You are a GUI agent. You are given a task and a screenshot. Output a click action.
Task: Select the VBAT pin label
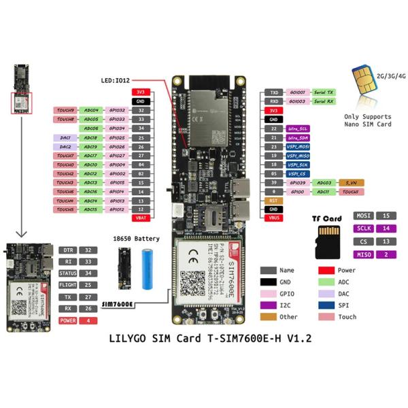pyautogui.click(x=141, y=219)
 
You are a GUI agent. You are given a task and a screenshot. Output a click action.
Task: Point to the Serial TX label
pyautogui.click(x=321, y=91)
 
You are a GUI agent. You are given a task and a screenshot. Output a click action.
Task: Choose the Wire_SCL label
pyautogui.click(x=298, y=128)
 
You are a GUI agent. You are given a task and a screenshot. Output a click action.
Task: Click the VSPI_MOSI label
pyautogui.click(x=298, y=146)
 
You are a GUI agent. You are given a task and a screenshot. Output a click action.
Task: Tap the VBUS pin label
pyautogui.click(x=273, y=219)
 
